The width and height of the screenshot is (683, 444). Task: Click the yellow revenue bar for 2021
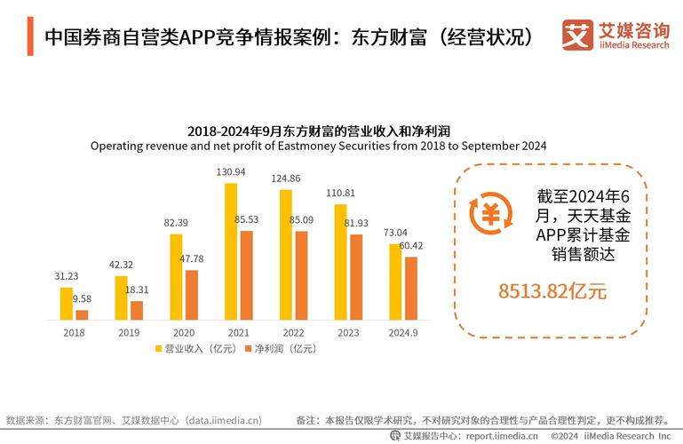[231, 251]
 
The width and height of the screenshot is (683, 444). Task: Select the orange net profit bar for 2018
[83, 314]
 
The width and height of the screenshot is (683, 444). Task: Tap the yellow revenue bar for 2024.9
[395, 281]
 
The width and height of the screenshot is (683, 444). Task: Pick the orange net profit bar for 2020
[192, 295]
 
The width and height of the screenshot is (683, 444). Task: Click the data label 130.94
[231, 171]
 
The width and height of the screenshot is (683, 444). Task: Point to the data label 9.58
[83, 298]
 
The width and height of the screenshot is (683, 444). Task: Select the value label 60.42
[410, 245]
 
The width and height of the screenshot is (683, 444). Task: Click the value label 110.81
[340, 193]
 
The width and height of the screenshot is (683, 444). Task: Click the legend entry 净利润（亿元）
[281, 349]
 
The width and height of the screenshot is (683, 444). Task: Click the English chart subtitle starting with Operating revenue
[318, 145]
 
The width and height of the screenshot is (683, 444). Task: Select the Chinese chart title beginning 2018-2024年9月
[318, 131]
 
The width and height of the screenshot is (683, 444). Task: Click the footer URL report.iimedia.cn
[498, 436]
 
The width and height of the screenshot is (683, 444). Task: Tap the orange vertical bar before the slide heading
[31, 37]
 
